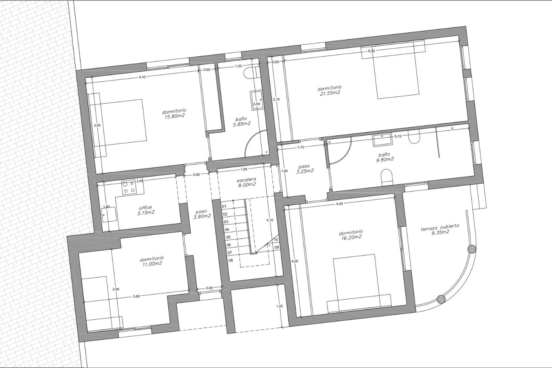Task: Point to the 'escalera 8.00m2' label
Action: tap(246, 183)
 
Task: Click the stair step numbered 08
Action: tap(231, 260)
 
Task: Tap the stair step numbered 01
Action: tap(224, 206)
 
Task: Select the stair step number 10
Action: tap(276, 239)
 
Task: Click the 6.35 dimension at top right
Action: tap(371, 51)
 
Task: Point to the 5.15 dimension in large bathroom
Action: tap(398, 136)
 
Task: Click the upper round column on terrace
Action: tap(471, 249)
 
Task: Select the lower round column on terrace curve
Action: tap(441, 299)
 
